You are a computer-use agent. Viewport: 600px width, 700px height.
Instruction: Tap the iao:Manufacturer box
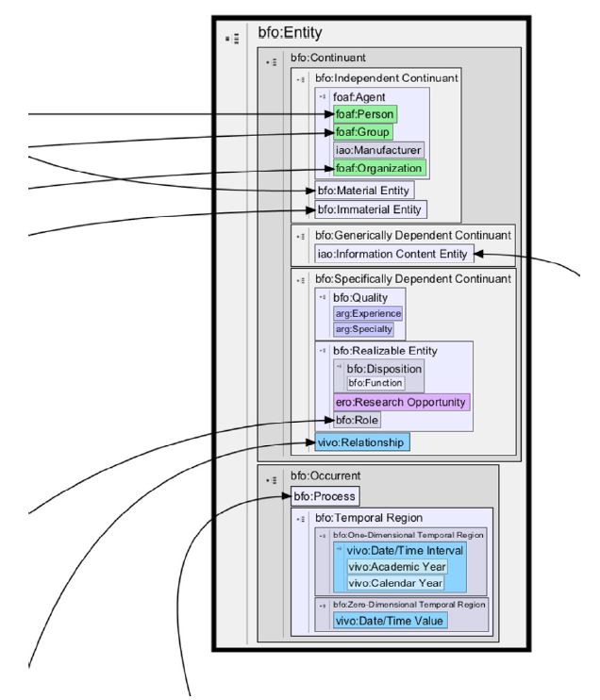378,150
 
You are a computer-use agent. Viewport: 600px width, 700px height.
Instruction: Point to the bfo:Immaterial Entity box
371,209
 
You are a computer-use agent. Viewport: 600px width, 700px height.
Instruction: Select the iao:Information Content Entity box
391,253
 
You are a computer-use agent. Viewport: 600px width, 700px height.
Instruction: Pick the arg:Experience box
368,313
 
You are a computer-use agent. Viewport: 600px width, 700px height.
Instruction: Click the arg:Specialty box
364,328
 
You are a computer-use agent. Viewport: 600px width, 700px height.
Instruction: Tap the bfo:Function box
375,383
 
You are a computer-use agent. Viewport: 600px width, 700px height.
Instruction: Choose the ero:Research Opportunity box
401,402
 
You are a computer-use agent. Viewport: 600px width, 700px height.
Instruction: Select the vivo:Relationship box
362,441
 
